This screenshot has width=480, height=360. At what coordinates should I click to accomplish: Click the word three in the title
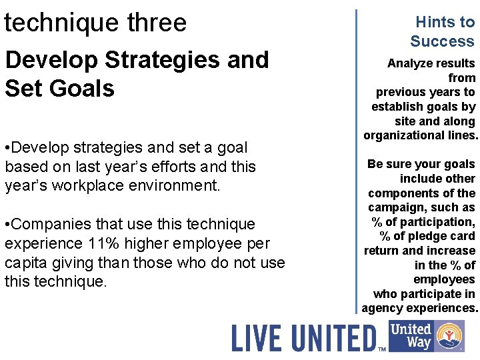147,23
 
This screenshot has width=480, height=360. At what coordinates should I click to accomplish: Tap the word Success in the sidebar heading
442,41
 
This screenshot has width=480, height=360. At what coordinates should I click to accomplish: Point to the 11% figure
107,243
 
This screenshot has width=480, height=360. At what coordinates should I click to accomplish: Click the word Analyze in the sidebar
411,63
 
